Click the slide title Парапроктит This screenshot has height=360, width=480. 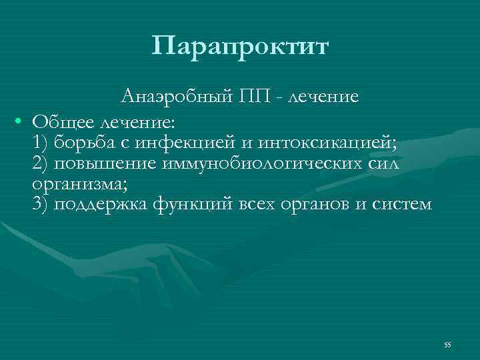240,47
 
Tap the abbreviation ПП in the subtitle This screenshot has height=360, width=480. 253,97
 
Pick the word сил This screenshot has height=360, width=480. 383,163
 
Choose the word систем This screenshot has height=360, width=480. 400,203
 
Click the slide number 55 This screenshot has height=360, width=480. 447,344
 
